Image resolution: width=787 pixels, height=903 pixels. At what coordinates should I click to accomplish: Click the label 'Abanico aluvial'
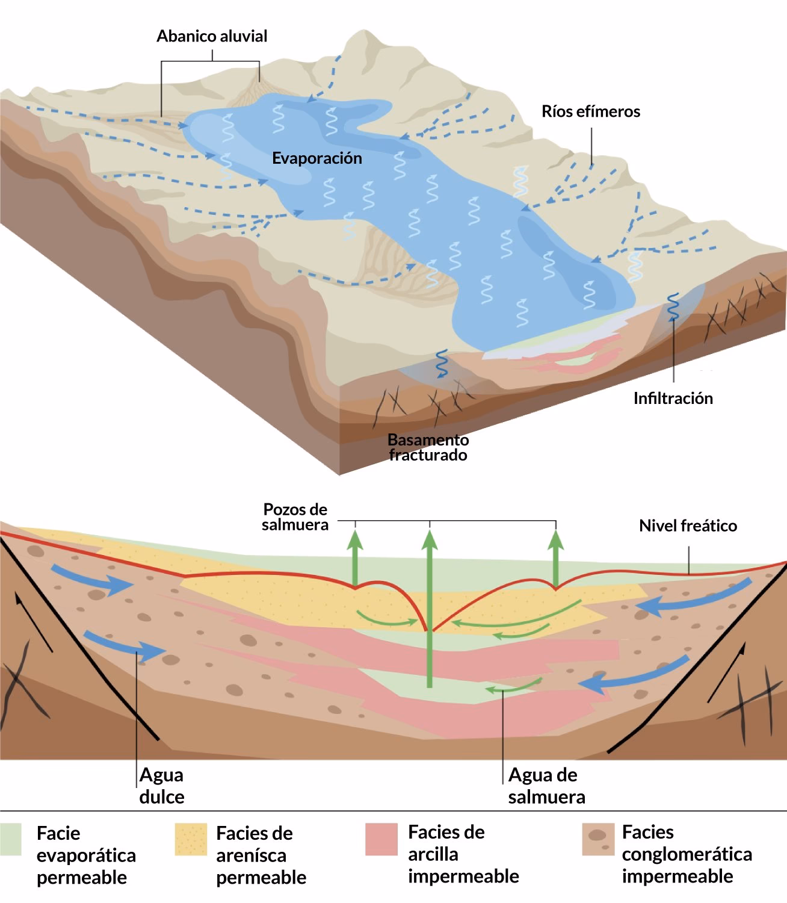212,36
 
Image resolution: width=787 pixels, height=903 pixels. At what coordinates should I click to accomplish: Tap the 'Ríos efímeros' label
591,111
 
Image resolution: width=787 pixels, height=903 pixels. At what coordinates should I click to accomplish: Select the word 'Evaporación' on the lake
316,158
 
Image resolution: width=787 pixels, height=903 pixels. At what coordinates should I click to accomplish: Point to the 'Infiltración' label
673,399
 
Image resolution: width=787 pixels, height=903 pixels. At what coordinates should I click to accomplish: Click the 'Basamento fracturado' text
428,447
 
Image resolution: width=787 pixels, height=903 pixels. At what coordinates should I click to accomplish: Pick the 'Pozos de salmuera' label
295,517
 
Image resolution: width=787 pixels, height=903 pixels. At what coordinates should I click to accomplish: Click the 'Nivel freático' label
688,526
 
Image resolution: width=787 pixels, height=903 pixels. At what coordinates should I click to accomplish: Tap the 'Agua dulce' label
161,786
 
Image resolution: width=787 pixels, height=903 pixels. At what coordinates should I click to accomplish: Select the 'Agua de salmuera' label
546,786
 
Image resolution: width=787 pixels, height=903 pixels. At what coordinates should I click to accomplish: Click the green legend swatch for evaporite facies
11,840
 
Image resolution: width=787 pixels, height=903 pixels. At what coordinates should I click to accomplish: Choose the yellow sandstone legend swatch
191,840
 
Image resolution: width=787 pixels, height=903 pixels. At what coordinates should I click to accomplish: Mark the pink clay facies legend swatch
381,840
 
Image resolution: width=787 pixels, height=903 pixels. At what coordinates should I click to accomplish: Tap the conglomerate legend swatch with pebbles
598,840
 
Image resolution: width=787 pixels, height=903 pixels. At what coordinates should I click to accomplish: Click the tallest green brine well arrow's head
430,540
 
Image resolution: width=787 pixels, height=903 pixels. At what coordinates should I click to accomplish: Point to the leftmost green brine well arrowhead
355,540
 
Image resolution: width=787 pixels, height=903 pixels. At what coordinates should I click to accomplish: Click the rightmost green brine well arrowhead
556,540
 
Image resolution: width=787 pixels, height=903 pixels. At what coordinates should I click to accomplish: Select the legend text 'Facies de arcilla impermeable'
463,854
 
